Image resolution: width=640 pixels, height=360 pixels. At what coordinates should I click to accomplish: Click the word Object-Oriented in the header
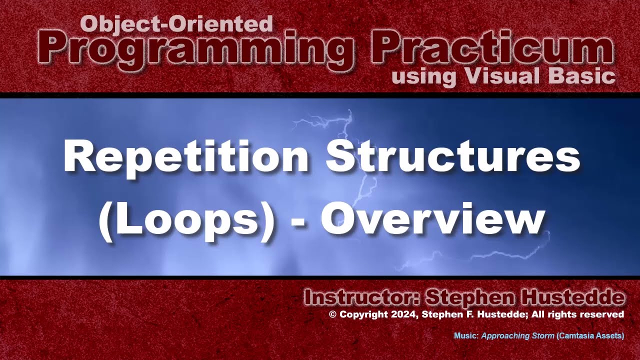[176, 23]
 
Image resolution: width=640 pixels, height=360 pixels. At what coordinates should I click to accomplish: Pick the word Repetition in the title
[186, 156]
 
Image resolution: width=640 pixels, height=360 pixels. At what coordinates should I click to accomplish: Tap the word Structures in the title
[453, 156]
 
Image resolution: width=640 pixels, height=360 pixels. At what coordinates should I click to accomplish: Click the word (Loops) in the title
[186, 220]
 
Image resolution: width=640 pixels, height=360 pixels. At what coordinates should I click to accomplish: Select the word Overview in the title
[432, 220]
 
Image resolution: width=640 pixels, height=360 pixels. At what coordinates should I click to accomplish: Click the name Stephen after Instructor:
[469, 298]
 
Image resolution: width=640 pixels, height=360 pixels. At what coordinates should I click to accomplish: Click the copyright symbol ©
[332, 314]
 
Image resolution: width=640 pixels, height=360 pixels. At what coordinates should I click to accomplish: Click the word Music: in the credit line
[466, 336]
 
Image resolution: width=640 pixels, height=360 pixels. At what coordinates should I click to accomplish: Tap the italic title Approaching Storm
[517, 336]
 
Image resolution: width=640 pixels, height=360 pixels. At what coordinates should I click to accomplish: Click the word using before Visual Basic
[424, 76]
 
